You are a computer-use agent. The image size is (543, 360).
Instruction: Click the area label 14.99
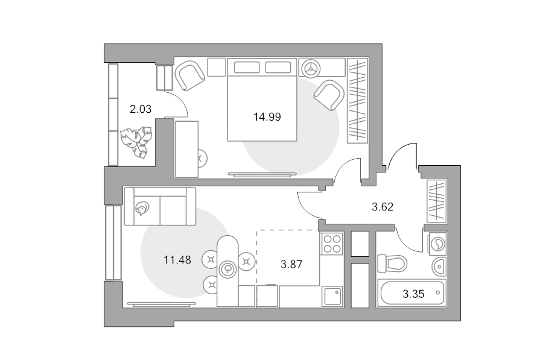(267, 117)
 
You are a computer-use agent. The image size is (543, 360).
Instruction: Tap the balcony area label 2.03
(141, 109)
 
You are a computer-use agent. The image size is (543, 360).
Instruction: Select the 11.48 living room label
(177, 260)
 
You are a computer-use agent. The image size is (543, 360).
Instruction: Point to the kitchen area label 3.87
(291, 265)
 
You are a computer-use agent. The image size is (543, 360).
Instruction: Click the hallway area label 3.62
(383, 207)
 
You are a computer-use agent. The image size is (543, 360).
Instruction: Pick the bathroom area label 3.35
(413, 294)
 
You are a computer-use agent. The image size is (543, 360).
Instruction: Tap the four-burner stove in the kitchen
(332, 244)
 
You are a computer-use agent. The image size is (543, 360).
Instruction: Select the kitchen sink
(332, 296)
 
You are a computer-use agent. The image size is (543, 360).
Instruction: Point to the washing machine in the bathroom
(438, 244)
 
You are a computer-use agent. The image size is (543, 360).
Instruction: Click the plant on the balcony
(136, 142)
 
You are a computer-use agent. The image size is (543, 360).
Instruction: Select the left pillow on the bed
(247, 68)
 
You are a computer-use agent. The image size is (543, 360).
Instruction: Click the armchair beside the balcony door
(189, 75)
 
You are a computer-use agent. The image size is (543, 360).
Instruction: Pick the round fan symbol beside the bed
(311, 68)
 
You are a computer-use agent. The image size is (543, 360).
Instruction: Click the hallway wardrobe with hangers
(437, 201)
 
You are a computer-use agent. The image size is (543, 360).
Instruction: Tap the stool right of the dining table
(246, 262)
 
